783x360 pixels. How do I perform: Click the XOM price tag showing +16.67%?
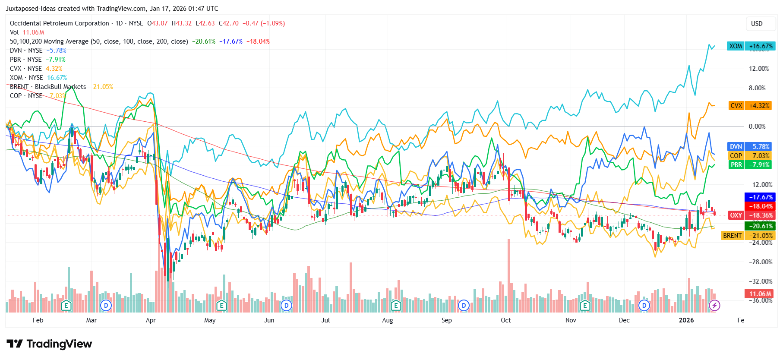point(751,46)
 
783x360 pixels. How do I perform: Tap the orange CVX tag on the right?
point(750,106)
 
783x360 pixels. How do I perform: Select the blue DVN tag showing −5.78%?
point(750,147)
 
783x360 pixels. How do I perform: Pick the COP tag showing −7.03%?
point(750,156)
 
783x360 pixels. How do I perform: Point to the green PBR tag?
point(750,165)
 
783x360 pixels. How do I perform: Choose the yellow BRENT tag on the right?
point(748,236)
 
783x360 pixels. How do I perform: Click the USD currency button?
point(757,24)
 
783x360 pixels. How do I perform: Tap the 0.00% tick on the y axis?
point(757,126)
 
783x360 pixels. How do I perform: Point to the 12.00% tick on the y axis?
point(759,69)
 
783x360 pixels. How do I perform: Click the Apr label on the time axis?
point(151,320)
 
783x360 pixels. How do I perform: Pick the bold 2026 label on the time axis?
point(686,320)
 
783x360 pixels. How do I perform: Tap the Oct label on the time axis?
point(506,320)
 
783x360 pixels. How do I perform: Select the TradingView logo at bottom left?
point(50,344)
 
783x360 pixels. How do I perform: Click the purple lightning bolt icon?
point(714,306)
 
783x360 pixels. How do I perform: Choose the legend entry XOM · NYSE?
point(26,78)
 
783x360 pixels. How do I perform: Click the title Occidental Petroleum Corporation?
point(60,23)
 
